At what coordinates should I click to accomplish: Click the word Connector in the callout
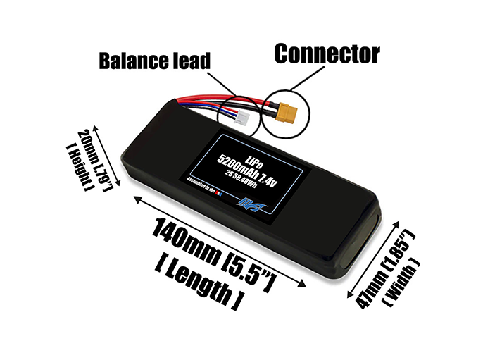click(x=327, y=53)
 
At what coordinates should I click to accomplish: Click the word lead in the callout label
click(x=192, y=61)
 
